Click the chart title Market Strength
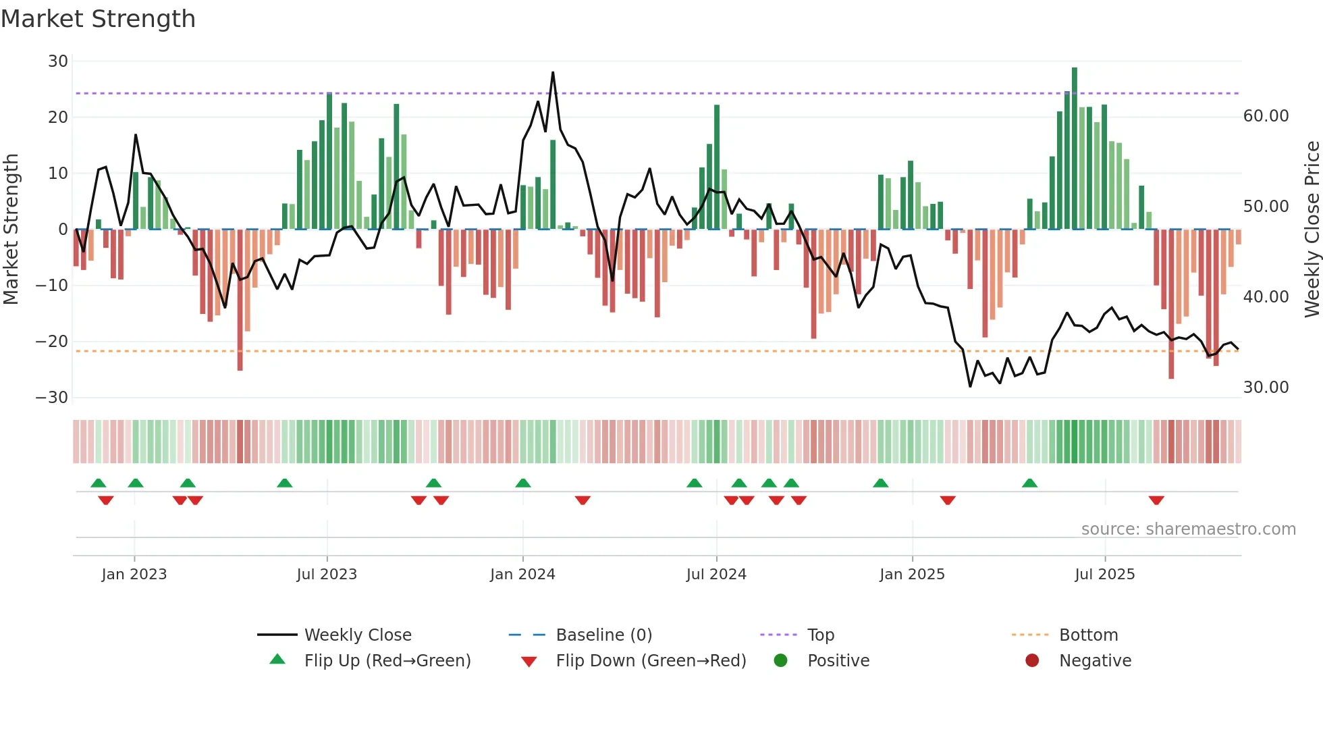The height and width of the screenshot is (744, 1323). [x=98, y=19]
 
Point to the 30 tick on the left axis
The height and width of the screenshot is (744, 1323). [x=58, y=61]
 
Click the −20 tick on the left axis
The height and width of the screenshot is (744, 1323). [x=52, y=342]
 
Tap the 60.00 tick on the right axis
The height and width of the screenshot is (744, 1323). [x=1266, y=116]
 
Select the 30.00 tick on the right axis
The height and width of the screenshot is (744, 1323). [x=1266, y=388]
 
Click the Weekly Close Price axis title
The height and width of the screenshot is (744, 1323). [x=1312, y=229]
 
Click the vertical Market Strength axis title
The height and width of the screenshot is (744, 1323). [x=11, y=229]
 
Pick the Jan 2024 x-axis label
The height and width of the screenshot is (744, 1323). [x=522, y=575]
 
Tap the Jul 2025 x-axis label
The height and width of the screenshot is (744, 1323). [x=1104, y=575]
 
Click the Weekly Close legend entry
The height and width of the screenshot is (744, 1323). [x=357, y=635]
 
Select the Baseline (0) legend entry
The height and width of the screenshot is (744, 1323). [x=603, y=635]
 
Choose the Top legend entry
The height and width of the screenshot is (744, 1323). [x=820, y=635]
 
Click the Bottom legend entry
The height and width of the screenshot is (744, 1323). [x=1088, y=635]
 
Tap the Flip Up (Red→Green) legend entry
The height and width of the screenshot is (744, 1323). [x=387, y=661]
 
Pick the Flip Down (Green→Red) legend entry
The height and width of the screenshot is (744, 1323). [x=650, y=661]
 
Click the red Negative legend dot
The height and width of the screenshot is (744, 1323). [x=1032, y=660]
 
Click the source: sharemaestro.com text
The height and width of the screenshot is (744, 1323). [x=1188, y=529]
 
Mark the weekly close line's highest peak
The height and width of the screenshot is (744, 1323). [x=553, y=72]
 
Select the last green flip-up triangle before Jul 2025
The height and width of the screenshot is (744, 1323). [x=1029, y=483]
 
